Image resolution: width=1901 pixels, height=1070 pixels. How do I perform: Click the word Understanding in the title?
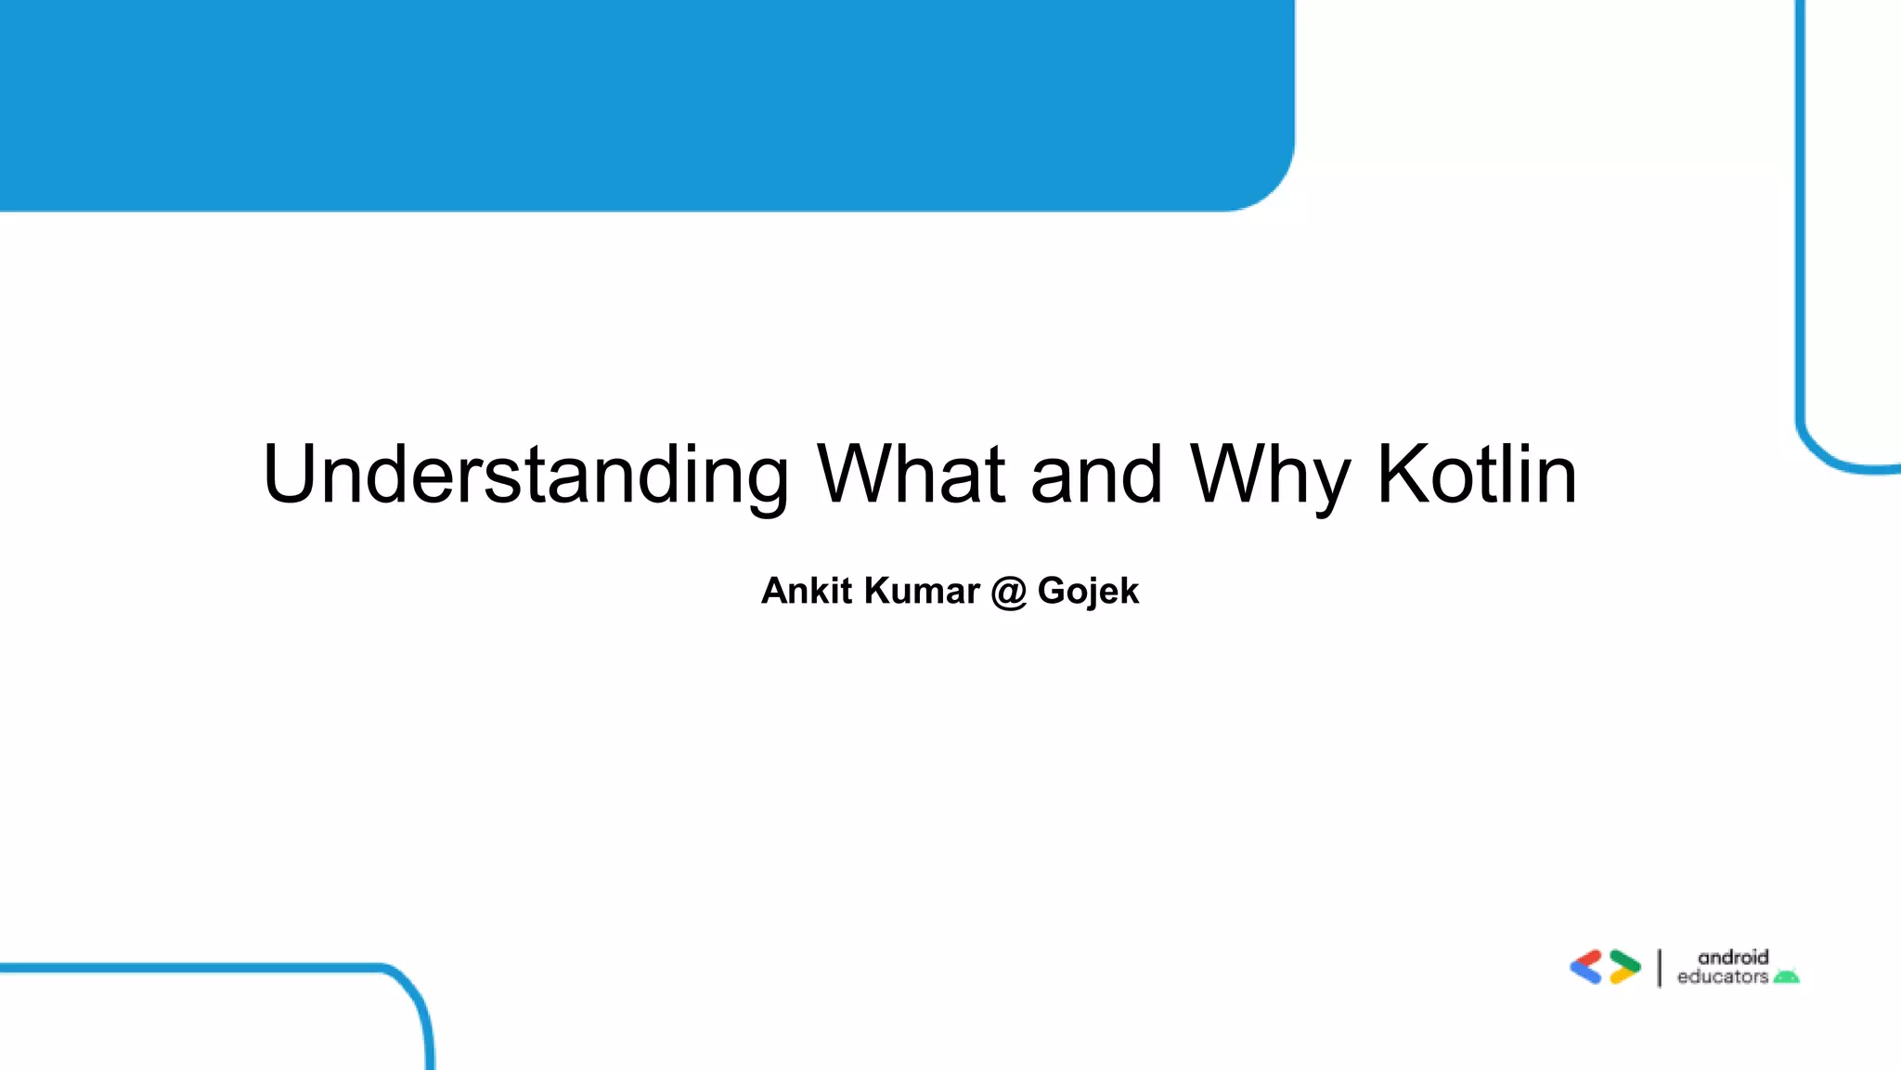(x=525, y=475)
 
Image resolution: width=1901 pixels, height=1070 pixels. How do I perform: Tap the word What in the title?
(x=911, y=475)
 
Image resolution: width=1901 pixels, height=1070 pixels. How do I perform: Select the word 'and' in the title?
(x=1096, y=475)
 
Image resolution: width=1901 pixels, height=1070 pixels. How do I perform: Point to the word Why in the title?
(x=1269, y=475)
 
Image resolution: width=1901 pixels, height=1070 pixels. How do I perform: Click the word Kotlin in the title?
(x=1477, y=475)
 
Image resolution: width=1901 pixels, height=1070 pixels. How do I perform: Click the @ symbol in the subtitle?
(x=1008, y=593)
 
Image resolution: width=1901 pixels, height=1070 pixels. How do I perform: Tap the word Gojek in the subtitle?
(x=1088, y=592)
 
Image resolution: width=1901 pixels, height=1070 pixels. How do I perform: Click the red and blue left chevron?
(x=1586, y=967)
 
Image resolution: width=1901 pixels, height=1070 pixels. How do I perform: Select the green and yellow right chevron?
(x=1624, y=967)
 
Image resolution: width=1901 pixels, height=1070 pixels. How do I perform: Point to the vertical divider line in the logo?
(x=1660, y=968)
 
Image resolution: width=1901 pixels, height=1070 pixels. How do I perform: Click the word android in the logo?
(x=1733, y=957)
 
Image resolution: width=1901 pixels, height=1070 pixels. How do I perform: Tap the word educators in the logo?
(x=1723, y=977)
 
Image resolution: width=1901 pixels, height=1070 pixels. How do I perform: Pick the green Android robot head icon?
(x=1787, y=976)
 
